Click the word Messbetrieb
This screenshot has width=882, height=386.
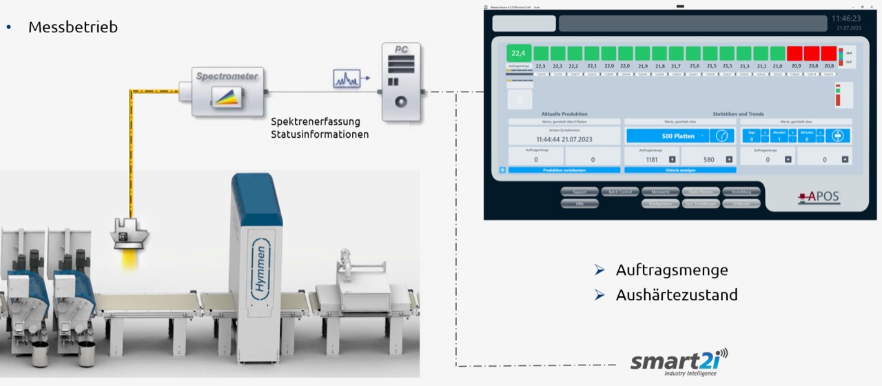pyautogui.click(x=72, y=27)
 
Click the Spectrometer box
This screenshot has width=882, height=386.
pyautogui.click(x=227, y=90)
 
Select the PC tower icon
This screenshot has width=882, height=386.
pyautogui.click(x=400, y=83)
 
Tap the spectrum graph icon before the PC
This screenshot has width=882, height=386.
pyautogui.click(x=347, y=79)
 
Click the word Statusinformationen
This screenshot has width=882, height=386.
pyautogui.click(x=320, y=134)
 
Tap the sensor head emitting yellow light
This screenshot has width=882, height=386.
pyautogui.click(x=130, y=233)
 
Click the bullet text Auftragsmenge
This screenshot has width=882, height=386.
pyautogui.click(x=671, y=270)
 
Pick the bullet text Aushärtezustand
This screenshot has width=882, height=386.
pyautogui.click(x=676, y=295)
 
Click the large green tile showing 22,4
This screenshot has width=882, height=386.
pyautogui.click(x=518, y=53)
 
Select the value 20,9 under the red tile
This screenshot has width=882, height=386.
pyautogui.click(x=795, y=66)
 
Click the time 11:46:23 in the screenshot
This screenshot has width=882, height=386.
pyautogui.click(x=845, y=19)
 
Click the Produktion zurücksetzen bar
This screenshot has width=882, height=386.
pyautogui.click(x=564, y=170)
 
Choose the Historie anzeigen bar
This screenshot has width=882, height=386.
pyautogui.click(x=679, y=170)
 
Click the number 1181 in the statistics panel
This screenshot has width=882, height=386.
pyautogui.click(x=651, y=159)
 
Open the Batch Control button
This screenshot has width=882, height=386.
pyautogui.click(x=620, y=192)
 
